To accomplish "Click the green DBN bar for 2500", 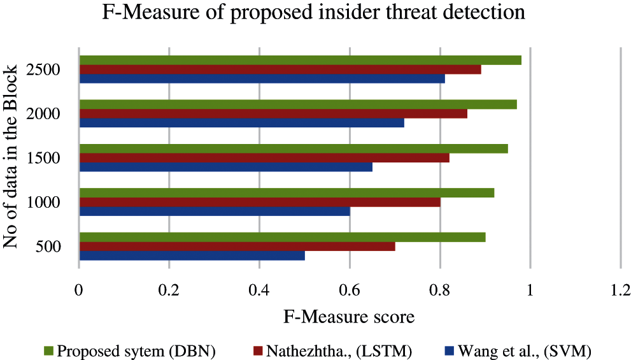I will [x=300, y=61].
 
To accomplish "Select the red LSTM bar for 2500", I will [x=280, y=69].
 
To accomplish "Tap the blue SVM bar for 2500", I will [x=262, y=79].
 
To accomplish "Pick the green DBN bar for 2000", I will [x=297, y=104].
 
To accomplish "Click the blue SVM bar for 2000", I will [x=241, y=123].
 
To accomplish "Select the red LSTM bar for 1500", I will [x=264, y=158].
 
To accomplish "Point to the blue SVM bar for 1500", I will [x=225, y=167].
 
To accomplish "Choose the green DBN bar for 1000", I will [x=287, y=193].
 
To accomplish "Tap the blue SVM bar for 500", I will [x=192, y=256].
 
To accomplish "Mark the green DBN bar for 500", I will [x=282, y=237].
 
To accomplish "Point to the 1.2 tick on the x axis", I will [x=620, y=289].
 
